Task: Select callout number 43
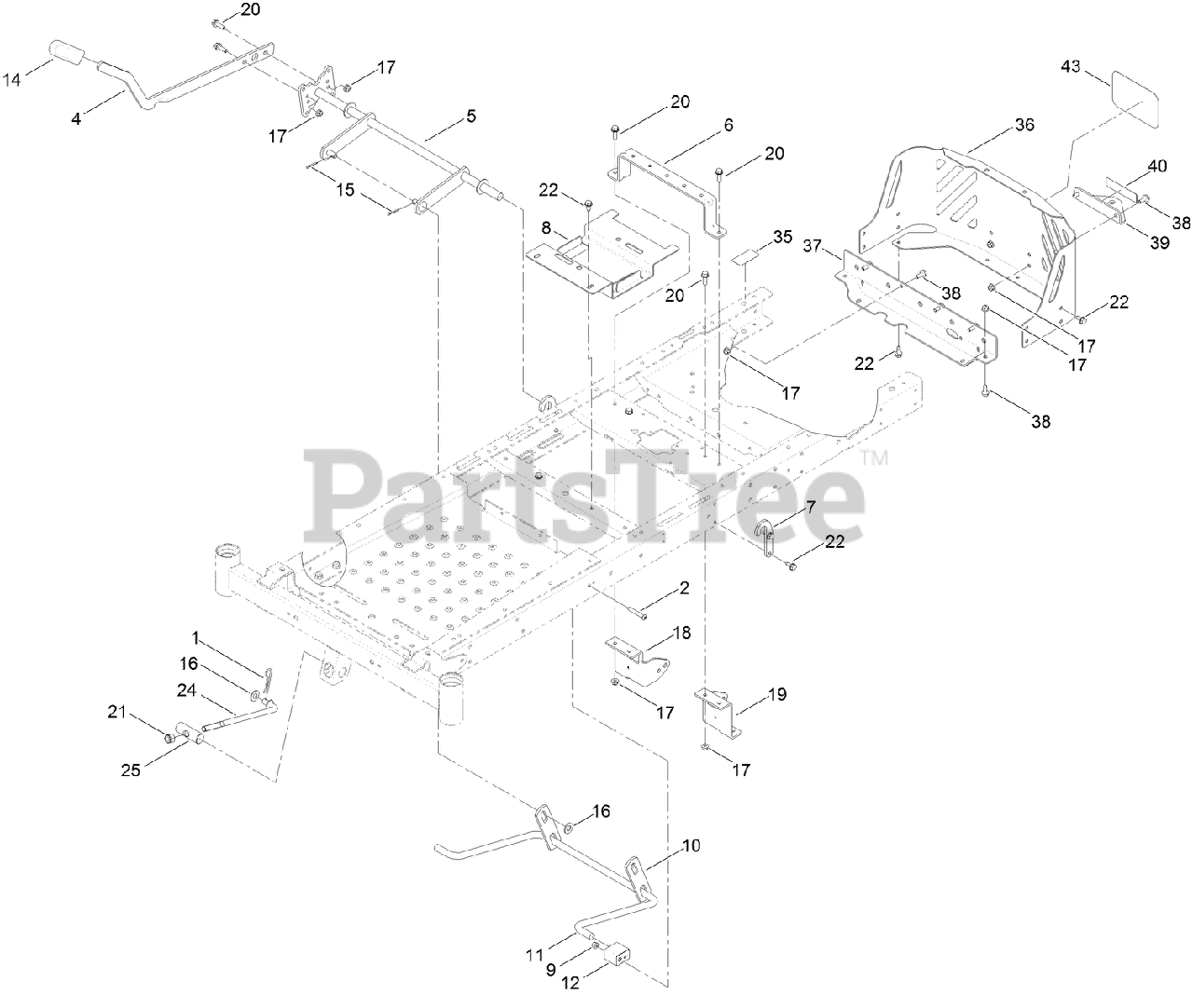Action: tap(1071, 66)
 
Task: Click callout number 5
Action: tap(471, 116)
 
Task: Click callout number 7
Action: tap(811, 507)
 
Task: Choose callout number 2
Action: tap(684, 589)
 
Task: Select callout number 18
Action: tap(681, 633)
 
